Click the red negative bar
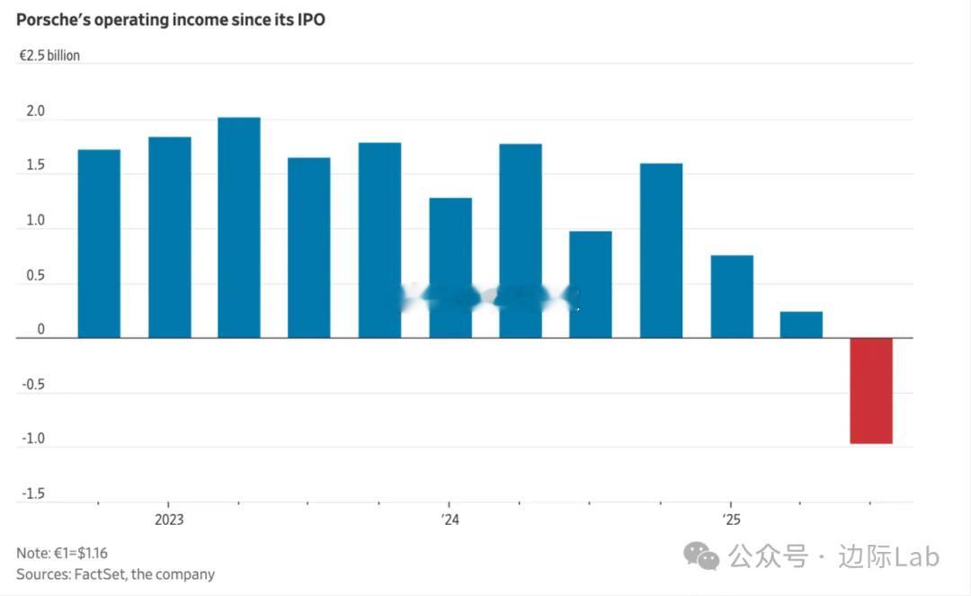click(x=871, y=390)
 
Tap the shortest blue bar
click(x=801, y=325)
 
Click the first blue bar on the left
click(x=99, y=244)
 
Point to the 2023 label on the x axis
click(x=169, y=520)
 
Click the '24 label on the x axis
click(x=450, y=520)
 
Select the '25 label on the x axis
click(x=731, y=520)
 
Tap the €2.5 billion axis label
click(x=49, y=56)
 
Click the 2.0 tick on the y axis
click(x=35, y=111)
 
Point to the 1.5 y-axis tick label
click(x=35, y=166)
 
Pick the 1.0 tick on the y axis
click(x=35, y=221)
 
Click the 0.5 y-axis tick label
click(x=35, y=276)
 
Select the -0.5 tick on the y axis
click(x=33, y=385)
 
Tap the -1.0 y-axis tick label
click(x=33, y=440)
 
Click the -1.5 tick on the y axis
click(x=33, y=494)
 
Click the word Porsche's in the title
click(x=52, y=19)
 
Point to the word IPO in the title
click(x=308, y=19)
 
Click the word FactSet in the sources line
click(x=101, y=574)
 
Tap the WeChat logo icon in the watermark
click(x=701, y=556)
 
